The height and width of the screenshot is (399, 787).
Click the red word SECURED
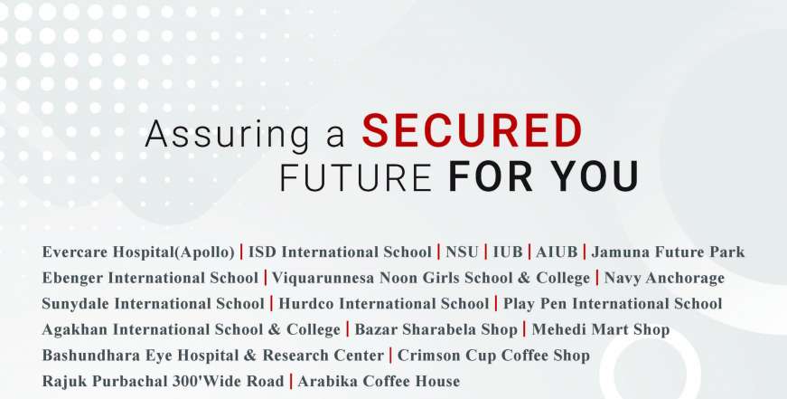[x=473, y=131]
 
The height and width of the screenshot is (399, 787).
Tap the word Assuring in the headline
[x=227, y=135]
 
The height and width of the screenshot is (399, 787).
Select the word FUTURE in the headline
[x=356, y=177]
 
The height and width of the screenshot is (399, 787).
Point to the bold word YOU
[x=595, y=177]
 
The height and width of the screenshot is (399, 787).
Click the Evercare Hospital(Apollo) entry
[x=138, y=252]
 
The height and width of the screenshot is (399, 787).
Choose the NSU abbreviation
[x=462, y=252]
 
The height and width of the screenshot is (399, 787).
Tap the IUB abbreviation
[x=508, y=252]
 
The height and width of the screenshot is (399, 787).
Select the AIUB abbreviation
[x=557, y=252]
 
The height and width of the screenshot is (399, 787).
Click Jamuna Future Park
[x=668, y=252]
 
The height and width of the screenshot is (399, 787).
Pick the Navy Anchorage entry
[x=664, y=278]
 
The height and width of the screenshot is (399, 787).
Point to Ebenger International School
[x=150, y=278]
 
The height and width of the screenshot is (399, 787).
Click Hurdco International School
[x=383, y=303]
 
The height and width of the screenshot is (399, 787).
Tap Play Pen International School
[x=613, y=303]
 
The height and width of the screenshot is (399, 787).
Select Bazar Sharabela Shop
[x=436, y=329]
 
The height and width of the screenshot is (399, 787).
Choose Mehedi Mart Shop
[x=600, y=329]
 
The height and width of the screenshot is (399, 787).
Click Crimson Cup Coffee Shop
[x=493, y=356]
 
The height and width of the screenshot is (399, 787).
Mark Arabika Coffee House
[x=379, y=382]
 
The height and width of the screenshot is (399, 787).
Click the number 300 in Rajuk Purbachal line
[x=183, y=382]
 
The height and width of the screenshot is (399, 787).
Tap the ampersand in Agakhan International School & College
[x=274, y=329]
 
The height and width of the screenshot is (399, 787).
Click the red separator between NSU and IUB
[x=485, y=252]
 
